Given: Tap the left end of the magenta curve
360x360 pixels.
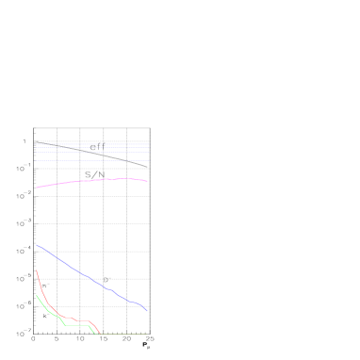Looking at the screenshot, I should coord(37,188).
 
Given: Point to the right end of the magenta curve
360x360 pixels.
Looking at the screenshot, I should coord(147,181).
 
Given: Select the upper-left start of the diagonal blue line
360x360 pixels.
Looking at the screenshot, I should coord(37,245).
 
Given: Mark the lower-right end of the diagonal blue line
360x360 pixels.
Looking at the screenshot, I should coord(147,311).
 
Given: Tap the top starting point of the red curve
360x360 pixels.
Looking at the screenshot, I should coord(37,270).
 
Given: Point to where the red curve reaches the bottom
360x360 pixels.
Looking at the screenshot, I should coord(100,334).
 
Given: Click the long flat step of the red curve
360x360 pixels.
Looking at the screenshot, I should coord(82,321).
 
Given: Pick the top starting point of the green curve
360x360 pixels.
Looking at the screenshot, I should coord(37,295).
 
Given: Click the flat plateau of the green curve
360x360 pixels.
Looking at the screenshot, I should coord(77,325).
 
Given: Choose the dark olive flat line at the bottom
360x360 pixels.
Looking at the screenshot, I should coord(123,334).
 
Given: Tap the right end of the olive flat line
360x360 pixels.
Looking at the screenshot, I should coord(147,334).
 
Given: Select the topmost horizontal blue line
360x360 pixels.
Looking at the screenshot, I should coord(91,144).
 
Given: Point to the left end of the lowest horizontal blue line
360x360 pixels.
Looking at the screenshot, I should coord(36,161).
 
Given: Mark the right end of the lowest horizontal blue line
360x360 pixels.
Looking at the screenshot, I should coord(149,161).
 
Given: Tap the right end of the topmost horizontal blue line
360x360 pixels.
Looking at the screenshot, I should coord(149,144).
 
